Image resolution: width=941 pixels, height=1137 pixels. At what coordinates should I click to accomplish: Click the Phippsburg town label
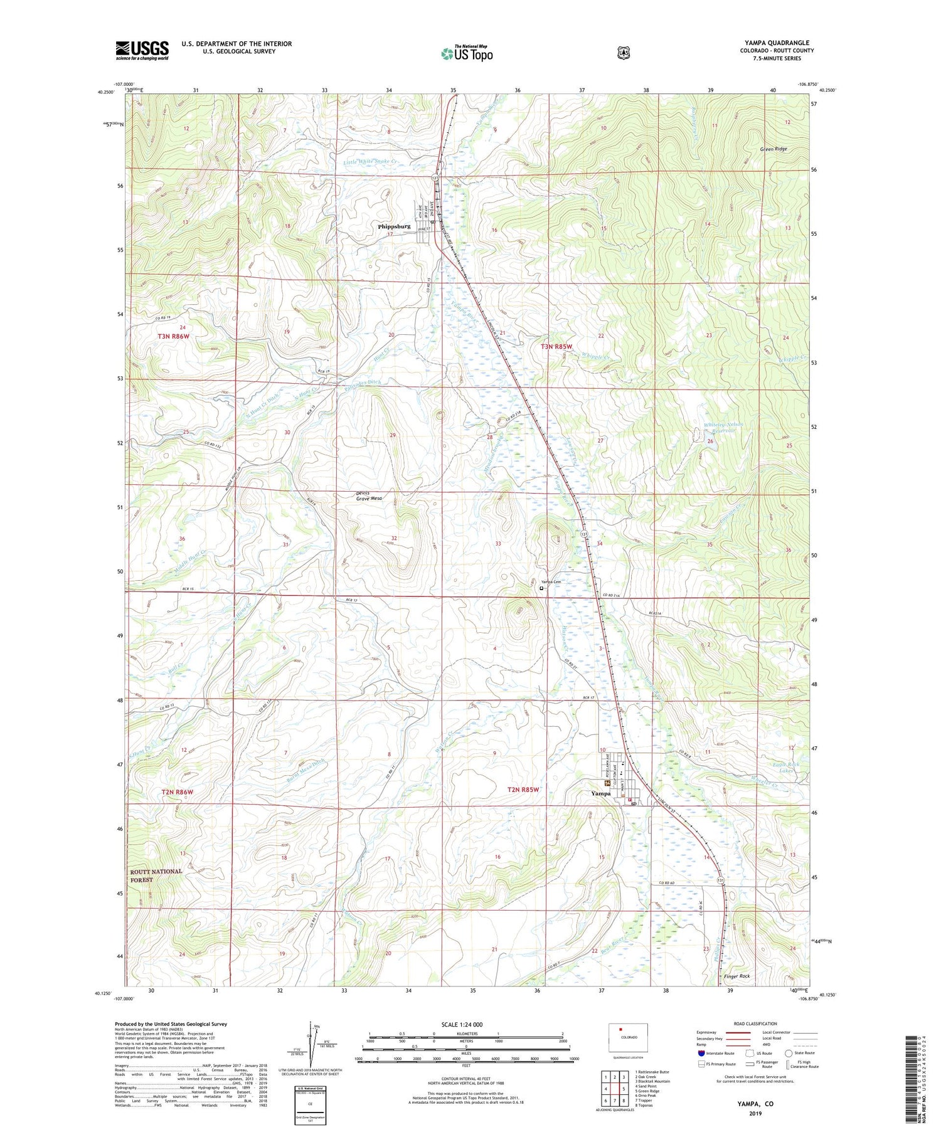tap(394, 226)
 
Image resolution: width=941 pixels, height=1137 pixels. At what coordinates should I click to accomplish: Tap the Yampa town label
tap(600, 793)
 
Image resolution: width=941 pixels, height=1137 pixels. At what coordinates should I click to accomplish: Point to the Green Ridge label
tap(773, 149)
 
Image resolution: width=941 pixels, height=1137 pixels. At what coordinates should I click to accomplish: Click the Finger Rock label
tap(736, 976)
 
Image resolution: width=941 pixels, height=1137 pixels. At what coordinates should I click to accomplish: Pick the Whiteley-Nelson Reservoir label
tap(723, 428)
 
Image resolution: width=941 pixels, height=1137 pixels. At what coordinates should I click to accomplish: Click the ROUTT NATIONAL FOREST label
tap(156, 875)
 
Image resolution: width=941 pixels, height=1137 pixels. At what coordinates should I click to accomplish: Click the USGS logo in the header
tap(142, 50)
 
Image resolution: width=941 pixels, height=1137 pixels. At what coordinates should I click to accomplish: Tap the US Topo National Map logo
tap(467, 53)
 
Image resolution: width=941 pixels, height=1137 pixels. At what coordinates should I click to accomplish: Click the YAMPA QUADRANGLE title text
tap(778, 43)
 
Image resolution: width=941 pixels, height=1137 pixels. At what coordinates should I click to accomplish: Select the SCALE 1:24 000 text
tap(465, 1024)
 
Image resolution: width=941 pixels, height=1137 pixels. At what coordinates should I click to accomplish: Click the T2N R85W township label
tap(523, 790)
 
